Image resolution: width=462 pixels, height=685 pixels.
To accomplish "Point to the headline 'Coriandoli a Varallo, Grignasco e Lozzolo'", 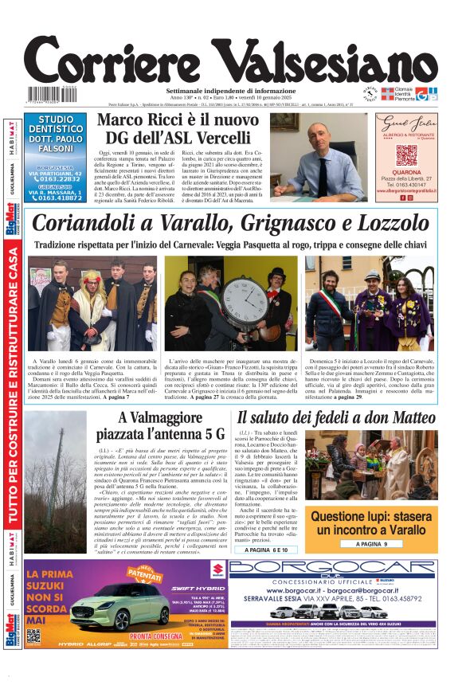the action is point(230,223).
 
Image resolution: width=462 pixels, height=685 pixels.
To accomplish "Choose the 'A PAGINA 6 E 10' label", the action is point(268,550).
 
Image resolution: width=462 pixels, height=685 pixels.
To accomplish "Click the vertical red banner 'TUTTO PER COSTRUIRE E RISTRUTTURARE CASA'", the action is point(13,386).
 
